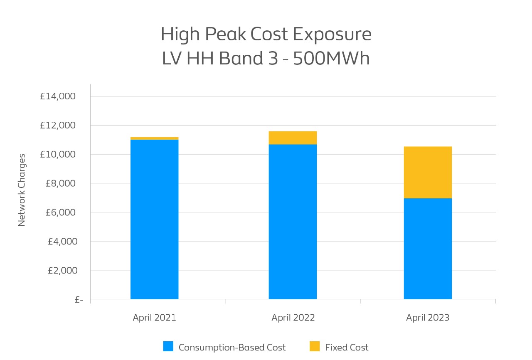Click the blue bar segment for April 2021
(x=154, y=219)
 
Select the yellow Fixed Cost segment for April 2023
(x=428, y=172)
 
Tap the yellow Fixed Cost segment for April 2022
(x=293, y=138)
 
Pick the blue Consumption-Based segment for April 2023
(x=428, y=249)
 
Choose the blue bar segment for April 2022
(x=293, y=222)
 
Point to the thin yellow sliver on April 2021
(x=154, y=138)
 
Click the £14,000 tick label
(x=58, y=96)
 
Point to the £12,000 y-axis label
(x=58, y=126)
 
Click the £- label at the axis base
(x=79, y=300)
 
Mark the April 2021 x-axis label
(x=154, y=318)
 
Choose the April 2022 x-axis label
(x=293, y=318)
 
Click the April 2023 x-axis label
(x=428, y=318)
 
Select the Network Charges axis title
(x=22, y=190)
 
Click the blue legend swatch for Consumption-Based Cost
(x=168, y=347)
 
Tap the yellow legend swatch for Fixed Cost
(x=315, y=347)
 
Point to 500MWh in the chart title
(x=331, y=59)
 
